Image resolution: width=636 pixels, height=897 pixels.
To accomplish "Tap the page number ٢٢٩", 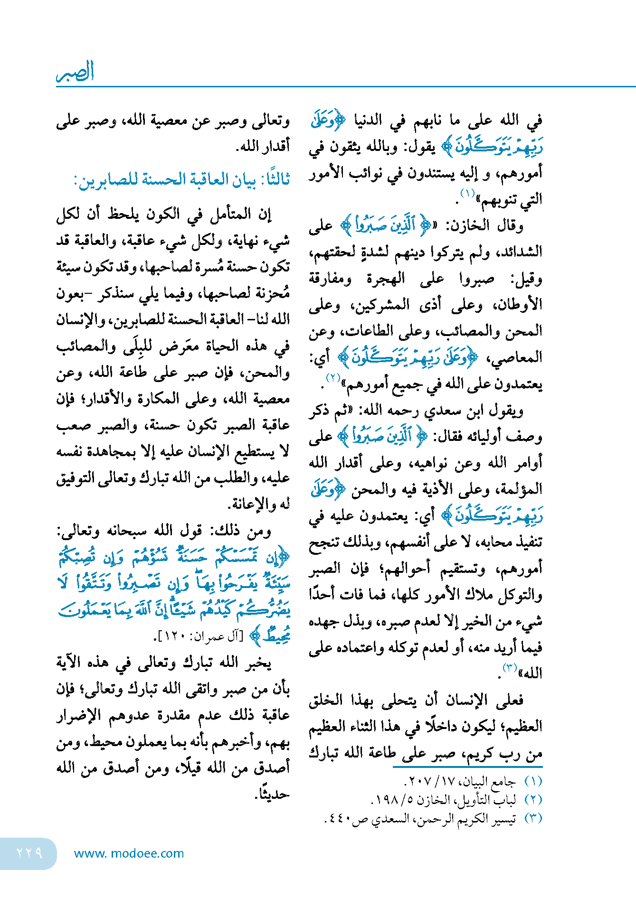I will pos(29,853).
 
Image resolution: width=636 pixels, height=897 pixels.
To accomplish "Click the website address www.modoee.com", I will pos(129,853).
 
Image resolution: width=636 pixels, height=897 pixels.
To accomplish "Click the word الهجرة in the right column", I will pos(386,279).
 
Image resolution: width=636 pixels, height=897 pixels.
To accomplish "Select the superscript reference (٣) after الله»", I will pos(510,668).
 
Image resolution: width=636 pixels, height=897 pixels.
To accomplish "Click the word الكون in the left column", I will pos(164,215).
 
